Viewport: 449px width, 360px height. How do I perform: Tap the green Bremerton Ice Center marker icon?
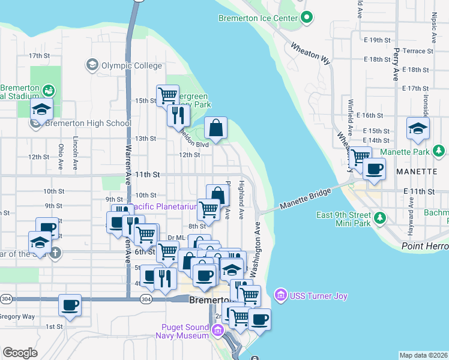[x=307, y=17]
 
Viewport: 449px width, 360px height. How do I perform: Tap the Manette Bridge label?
[x=305, y=201]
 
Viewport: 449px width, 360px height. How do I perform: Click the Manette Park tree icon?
[x=440, y=151]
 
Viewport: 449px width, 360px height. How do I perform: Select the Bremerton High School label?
[x=88, y=124]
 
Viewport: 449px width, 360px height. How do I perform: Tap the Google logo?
[x=20, y=352]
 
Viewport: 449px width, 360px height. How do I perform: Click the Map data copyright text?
[x=424, y=355]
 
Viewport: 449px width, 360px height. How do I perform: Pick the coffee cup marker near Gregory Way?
[x=70, y=305]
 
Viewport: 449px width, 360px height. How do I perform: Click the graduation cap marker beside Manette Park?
[x=418, y=128]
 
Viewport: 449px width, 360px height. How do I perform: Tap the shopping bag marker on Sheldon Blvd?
[x=215, y=127]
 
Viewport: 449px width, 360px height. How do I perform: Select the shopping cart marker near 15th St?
[x=167, y=95]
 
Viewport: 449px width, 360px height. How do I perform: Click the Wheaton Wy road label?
[x=311, y=53]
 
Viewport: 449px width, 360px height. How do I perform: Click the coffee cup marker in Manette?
[x=374, y=169]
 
